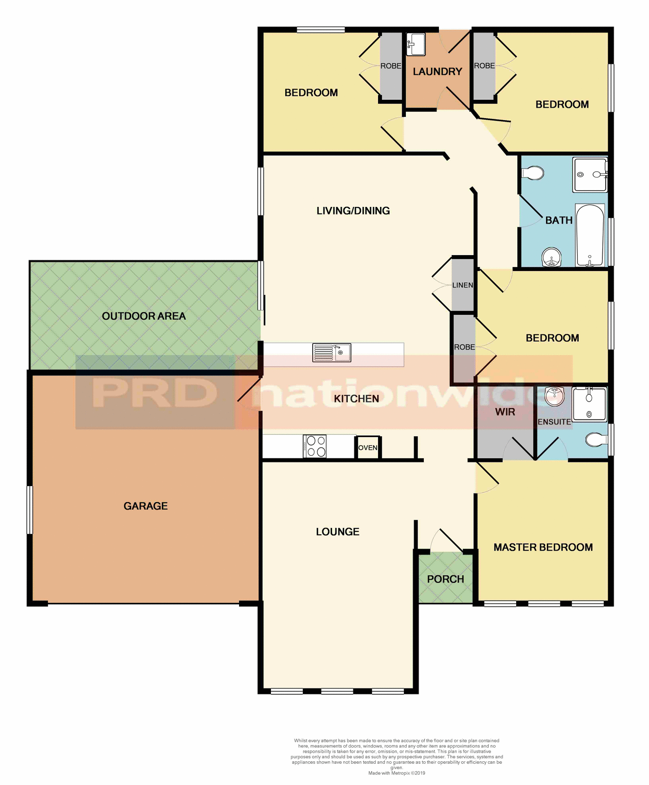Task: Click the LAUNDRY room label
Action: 437,72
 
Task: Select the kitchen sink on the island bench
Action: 331,352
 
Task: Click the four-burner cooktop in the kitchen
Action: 315,446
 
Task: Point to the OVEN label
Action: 368,448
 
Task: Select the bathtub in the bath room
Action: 590,235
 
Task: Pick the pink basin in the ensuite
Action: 555,396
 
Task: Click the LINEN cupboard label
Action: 463,285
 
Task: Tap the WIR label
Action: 505,412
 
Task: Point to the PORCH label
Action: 445,579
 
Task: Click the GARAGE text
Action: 145,506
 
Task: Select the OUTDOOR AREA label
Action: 144,316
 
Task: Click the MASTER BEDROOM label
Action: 543,547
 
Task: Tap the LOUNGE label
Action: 338,532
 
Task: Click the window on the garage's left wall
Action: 29,510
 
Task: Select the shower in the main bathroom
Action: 590,175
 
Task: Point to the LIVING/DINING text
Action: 353,211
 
